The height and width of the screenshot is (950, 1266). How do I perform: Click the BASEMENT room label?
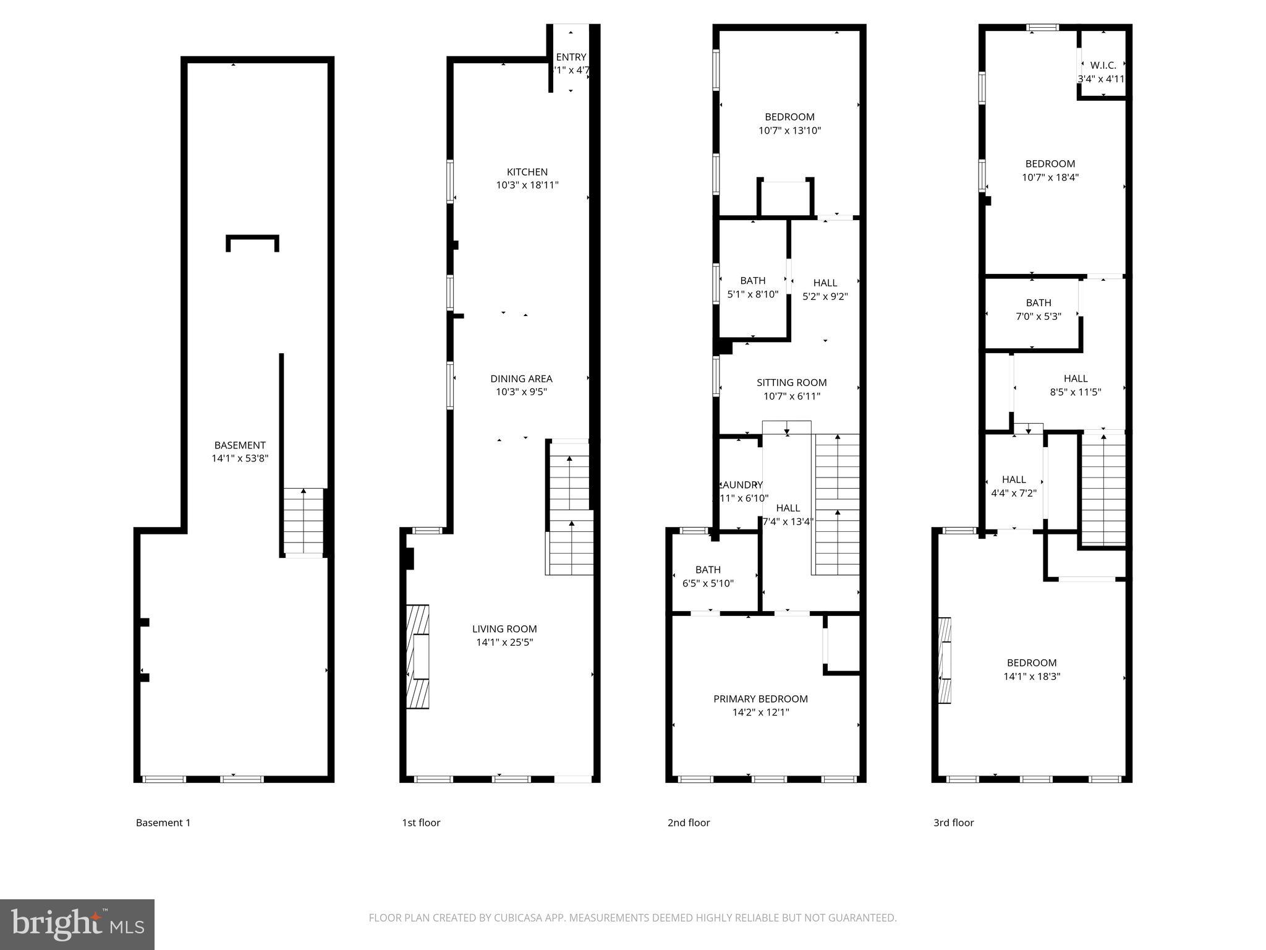pyautogui.click(x=240, y=445)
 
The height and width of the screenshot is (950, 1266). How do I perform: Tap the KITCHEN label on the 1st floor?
pyautogui.click(x=527, y=172)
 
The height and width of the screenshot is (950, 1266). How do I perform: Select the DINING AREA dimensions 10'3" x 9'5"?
pyautogui.click(x=521, y=392)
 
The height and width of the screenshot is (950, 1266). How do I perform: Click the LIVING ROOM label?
pyautogui.click(x=504, y=629)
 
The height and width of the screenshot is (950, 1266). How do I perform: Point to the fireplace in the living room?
pyautogui.click(x=418, y=657)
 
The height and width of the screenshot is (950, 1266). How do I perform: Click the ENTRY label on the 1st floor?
pyautogui.click(x=571, y=58)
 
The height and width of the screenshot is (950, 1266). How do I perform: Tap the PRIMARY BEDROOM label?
pyautogui.click(x=760, y=699)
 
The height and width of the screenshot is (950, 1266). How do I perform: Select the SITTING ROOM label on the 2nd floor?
pyautogui.click(x=791, y=383)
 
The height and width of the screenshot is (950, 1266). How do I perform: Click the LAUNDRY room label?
pyautogui.click(x=742, y=485)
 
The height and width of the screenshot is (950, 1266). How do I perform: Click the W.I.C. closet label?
pyautogui.click(x=1103, y=66)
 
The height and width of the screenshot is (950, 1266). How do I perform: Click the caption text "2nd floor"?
pyautogui.click(x=689, y=823)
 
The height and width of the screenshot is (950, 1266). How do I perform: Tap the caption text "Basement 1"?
pyautogui.click(x=163, y=823)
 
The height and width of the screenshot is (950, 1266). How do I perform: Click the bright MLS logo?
pyautogui.click(x=77, y=924)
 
